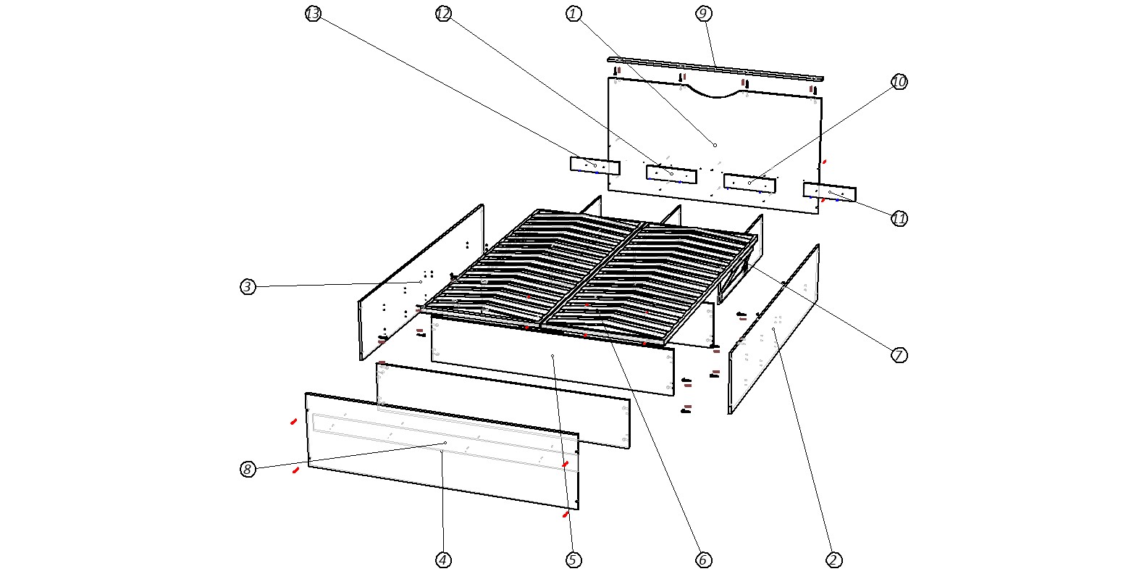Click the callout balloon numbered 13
pos(313,14)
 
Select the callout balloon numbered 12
pos(443,14)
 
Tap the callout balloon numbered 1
pos(573,14)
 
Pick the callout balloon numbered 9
pos(704,14)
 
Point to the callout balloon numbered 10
pos(899,82)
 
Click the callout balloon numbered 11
pos(899,219)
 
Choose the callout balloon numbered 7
pos(899,355)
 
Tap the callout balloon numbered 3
pos(248,286)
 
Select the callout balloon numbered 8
pos(248,469)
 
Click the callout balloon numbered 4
pos(443,560)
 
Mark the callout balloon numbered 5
pos(573,560)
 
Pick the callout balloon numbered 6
pos(704,560)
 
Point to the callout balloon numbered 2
pos(833,560)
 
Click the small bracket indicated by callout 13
pos(595,166)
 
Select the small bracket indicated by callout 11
pos(830,191)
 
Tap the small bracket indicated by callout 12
pos(671,174)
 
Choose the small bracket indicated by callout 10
pos(749,183)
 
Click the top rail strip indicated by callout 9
pos(715,69)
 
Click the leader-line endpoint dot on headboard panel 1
pos(715,146)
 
